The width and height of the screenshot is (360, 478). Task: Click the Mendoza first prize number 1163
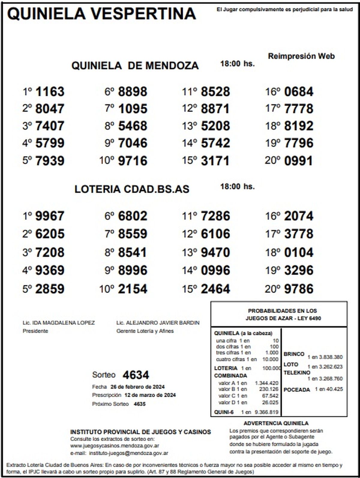coord(50,92)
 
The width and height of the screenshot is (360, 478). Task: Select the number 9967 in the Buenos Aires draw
coord(50,216)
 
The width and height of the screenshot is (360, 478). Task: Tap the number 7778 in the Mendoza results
coord(298,109)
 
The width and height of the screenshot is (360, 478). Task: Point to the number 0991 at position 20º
coord(298,161)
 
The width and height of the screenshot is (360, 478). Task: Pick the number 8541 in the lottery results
coord(132,252)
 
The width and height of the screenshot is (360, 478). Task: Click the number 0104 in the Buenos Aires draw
coord(298,252)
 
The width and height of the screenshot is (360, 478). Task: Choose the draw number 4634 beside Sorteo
coord(136,375)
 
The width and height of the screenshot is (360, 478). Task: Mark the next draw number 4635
coord(139,404)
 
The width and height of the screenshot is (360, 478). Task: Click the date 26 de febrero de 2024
coord(137,386)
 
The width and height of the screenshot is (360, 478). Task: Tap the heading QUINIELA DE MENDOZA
coord(135,65)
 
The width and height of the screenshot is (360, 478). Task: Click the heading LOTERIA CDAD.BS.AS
coord(132,189)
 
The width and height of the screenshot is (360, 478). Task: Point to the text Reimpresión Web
coord(301,56)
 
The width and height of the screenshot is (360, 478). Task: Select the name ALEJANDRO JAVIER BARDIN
coord(162,323)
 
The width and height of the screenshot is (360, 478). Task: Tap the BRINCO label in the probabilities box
coord(294,354)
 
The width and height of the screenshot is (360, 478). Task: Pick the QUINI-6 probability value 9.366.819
coord(266,412)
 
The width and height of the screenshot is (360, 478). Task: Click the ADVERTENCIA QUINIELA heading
coord(276,423)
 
